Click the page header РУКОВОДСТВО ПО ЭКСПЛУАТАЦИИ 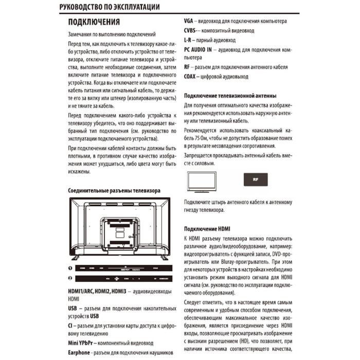tap(109, 7)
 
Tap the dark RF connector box tap(256, 181)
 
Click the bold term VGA tap(189, 22)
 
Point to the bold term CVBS tap(191, 31)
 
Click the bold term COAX tap(192, 77)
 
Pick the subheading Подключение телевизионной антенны tap(230, 96)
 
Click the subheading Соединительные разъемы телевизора tap(114, 190)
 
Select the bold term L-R tap(188, 40)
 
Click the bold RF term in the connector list tap(187, 67)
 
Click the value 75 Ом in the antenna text tap(196, 139)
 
